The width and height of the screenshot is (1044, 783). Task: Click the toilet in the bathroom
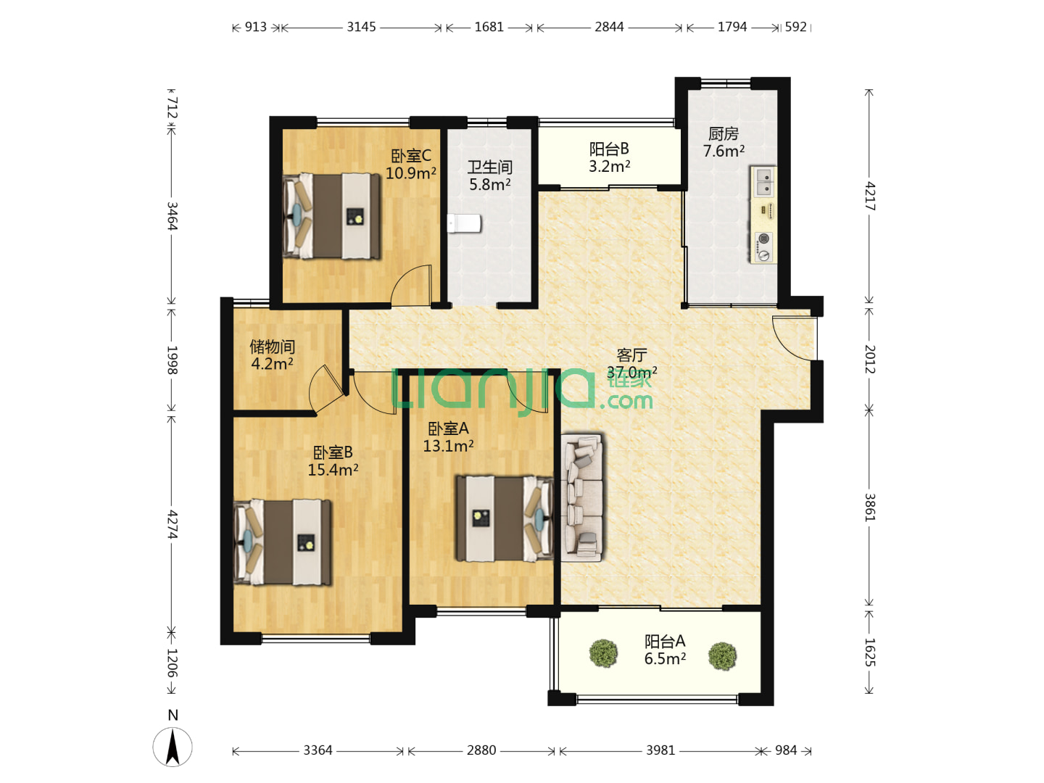click(x=464, y=223)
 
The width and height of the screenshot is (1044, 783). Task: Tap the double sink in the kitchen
click(x=763, y=181)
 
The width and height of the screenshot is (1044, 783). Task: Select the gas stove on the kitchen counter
click(x=763, y=247)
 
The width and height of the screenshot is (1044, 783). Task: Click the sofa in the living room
click(x=581, y=497)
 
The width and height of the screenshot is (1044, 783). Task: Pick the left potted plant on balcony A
click(x=604, y=653)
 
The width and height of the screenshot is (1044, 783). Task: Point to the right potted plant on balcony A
click(x=723, y=656)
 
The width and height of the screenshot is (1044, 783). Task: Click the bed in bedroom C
click(x=331, y=216)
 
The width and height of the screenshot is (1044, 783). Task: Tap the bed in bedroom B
click(x=283, y=542)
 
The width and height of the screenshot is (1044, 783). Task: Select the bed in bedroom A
click(x=505, y=518)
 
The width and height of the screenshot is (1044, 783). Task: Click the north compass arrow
click(x=173, y=747)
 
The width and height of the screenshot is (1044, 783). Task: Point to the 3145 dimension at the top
click(x=361, y=27)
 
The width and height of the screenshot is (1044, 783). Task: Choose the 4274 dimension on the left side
click(x=172, y=524)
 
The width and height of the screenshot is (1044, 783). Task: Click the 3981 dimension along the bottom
click(x=660, y=750)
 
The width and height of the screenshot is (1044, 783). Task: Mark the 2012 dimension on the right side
click(x=869, y=360)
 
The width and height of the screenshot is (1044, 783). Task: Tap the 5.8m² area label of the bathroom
click(x=490, y=184)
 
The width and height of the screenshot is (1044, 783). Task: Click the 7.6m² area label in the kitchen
click(x=724, y=151)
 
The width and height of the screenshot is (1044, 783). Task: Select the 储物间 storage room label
click(x=272, y=347)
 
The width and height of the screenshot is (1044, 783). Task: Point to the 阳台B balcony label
click(x=609, y=149)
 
